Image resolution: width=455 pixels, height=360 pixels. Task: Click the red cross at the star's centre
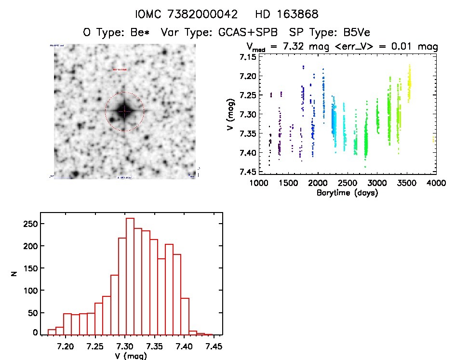point(124,111)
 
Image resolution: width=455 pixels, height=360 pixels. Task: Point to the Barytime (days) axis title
point(348,193)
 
